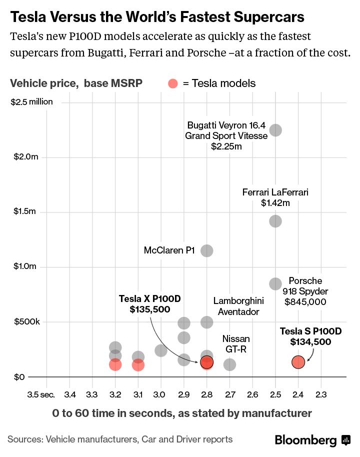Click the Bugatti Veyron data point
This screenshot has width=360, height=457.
coord(275,130)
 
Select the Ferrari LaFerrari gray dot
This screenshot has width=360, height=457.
coord(275,221)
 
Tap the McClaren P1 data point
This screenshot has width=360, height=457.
coord(206,250)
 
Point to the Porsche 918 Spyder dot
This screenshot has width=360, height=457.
coord(275,284)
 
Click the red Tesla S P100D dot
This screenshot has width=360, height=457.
coord(298,362)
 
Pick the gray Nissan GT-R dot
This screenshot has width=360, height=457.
coord(229,364)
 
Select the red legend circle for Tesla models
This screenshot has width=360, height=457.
coord(172,83)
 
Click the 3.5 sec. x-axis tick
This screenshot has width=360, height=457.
coord(40,395)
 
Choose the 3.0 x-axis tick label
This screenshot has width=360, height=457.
coord(160,395)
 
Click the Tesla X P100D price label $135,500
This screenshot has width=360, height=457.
coord(149,309)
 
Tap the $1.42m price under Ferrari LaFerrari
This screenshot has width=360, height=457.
coord(275,203)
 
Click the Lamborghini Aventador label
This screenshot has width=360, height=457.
coord(238,306)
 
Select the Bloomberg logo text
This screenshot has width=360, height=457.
coord(305,440)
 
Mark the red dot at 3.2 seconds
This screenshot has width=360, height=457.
coord(115,364)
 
